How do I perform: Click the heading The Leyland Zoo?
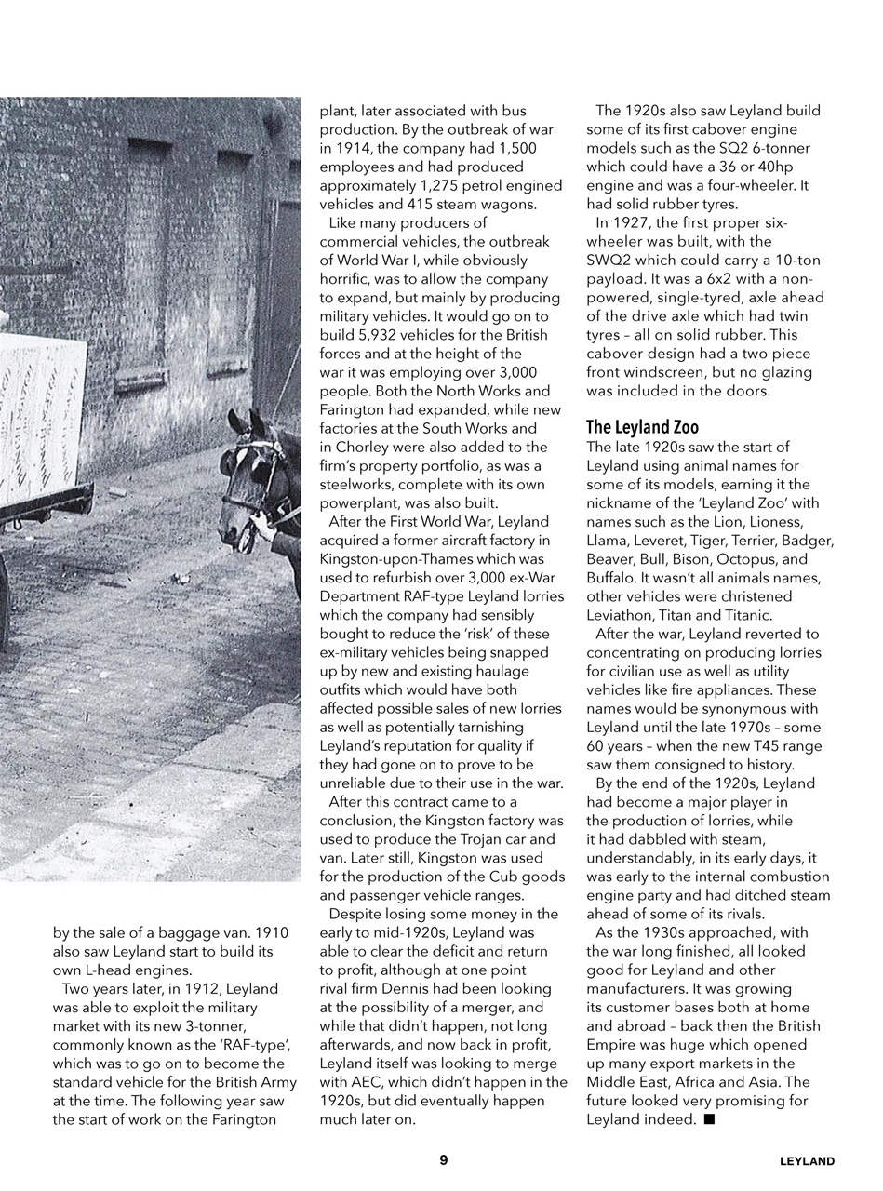(x=642, y=427)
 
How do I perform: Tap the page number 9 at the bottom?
(x=443, y=1159)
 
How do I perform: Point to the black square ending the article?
(x=709, y=1119)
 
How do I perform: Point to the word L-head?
(x=117, y=970)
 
